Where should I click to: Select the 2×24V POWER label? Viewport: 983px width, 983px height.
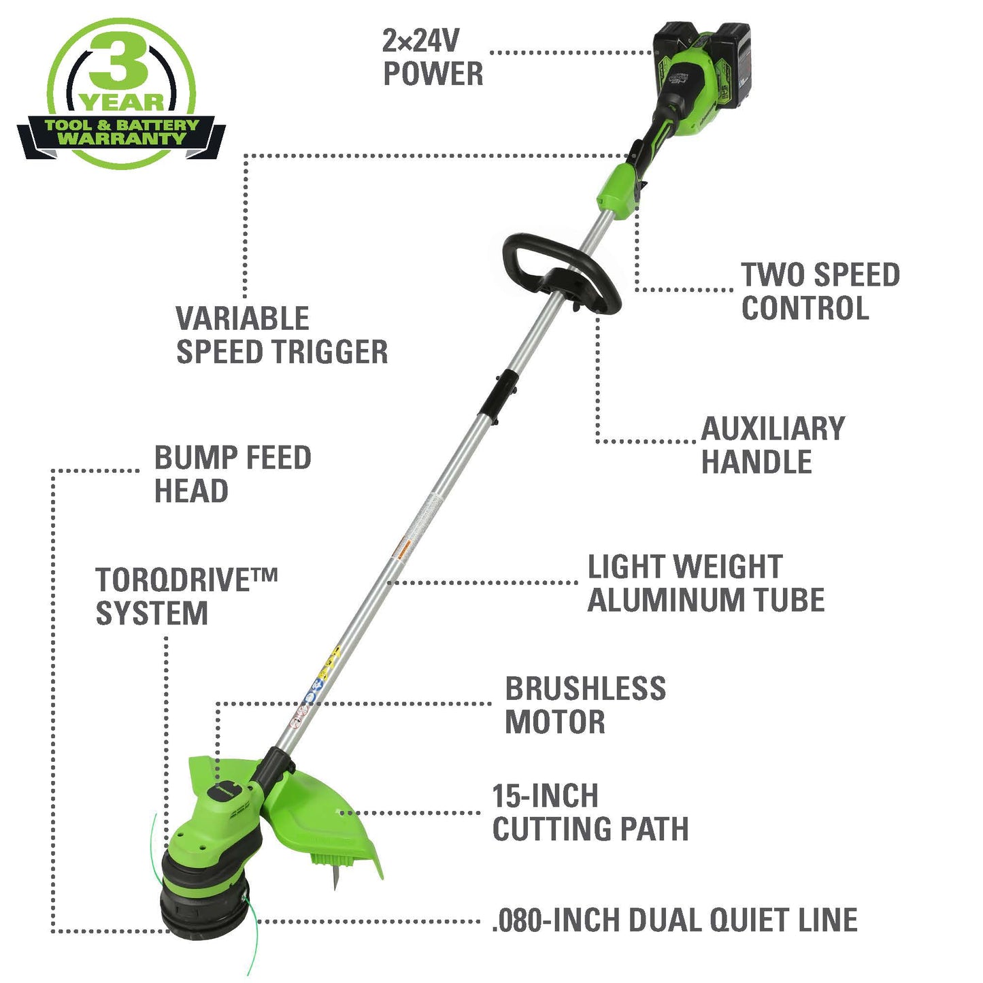(433, 57)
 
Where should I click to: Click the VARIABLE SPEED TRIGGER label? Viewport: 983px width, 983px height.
(282, 335)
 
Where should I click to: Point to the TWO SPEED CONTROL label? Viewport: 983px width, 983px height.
(820, 291)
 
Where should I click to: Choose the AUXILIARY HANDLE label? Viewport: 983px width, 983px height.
(773, 445)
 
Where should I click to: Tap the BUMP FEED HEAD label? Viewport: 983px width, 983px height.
(233, 474)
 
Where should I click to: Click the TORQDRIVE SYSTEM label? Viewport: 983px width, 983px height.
(186, 596)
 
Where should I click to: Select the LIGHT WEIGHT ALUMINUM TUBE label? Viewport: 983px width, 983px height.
(706, 583)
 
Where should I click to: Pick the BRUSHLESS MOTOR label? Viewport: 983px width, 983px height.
(586, 705)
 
